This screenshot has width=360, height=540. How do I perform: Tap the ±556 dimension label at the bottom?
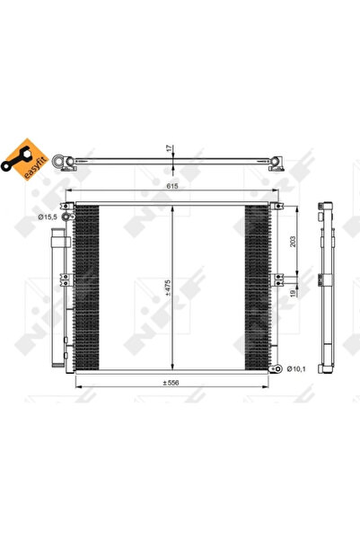point(171,381)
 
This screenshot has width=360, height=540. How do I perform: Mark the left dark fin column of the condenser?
point(86,288)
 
